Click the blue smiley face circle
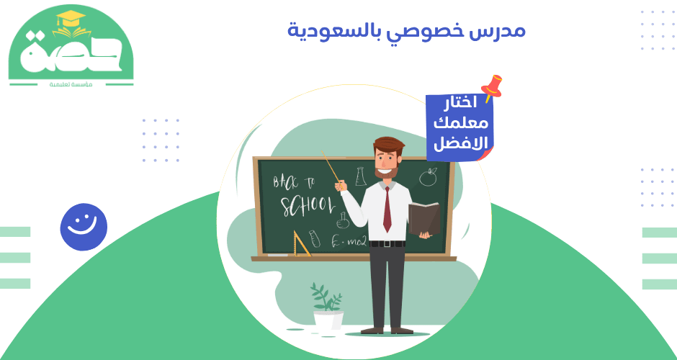(x=84, y=227)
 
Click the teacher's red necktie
(x=387, y=210)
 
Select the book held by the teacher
(x=424, y=219)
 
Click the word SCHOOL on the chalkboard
(x=307, y=204)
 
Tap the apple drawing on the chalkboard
(x=429, y=176)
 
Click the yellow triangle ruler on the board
(x=301, y=245)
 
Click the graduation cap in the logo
(x=70, y=21)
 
